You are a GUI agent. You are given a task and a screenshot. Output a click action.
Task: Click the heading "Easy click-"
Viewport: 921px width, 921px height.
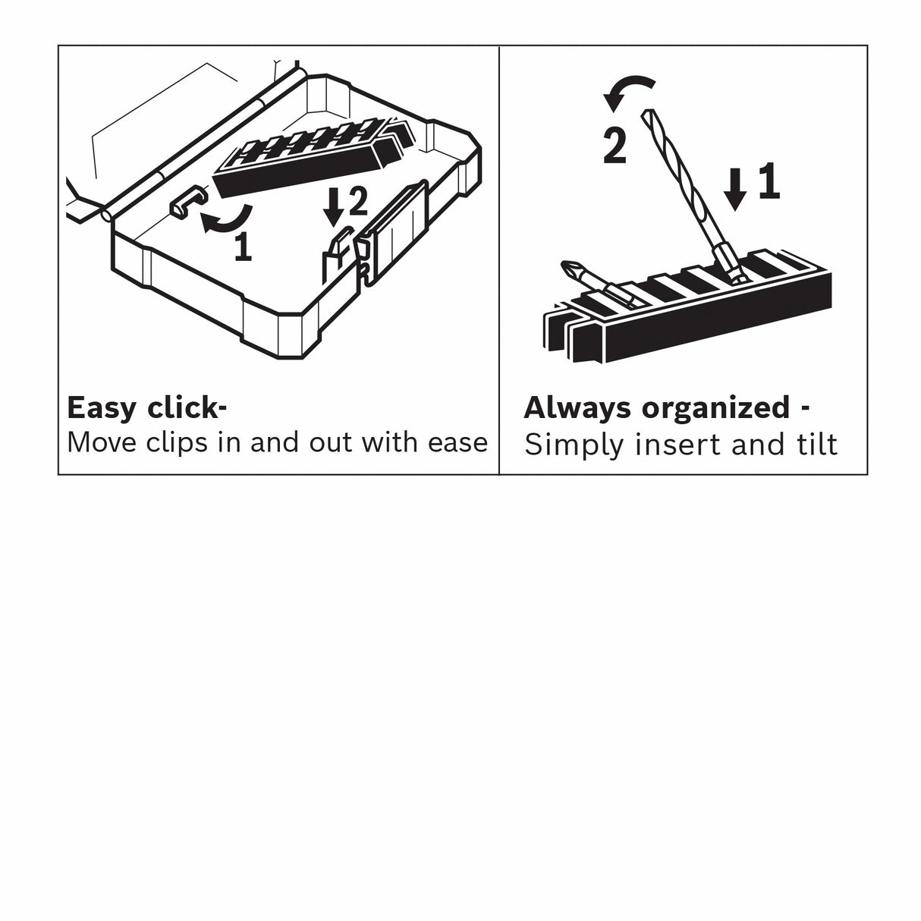[x=146, y=408]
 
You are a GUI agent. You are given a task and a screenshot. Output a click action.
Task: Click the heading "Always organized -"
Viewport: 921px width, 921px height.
[x=666, y=408]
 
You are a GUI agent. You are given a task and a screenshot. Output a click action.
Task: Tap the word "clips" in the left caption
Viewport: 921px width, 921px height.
[x=178, y=442]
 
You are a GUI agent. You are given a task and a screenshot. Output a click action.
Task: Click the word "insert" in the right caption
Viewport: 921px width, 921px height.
[x=678, y=445]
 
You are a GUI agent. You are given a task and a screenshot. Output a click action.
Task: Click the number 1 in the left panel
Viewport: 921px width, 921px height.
[x=243, y=247]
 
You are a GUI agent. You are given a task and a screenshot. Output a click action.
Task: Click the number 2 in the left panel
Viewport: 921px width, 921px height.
[x=357, y=201]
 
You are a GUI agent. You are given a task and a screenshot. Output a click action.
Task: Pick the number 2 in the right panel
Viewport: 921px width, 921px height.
[x=615, y=146]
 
